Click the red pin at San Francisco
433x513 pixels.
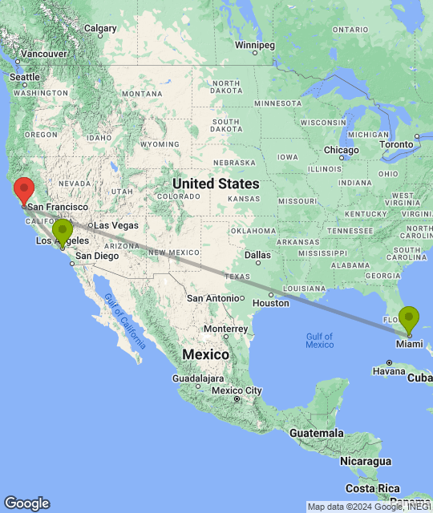24,189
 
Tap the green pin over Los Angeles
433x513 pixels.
63,232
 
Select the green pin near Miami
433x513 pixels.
409,319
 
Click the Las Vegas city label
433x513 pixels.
115,225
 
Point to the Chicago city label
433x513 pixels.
342,150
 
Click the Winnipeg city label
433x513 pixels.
255,44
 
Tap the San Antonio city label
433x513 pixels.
214,297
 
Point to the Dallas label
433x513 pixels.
258,256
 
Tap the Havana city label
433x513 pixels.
389,371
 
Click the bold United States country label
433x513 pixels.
216,184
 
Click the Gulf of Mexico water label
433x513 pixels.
319,339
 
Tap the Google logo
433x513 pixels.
26,503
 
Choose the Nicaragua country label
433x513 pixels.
364,461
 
